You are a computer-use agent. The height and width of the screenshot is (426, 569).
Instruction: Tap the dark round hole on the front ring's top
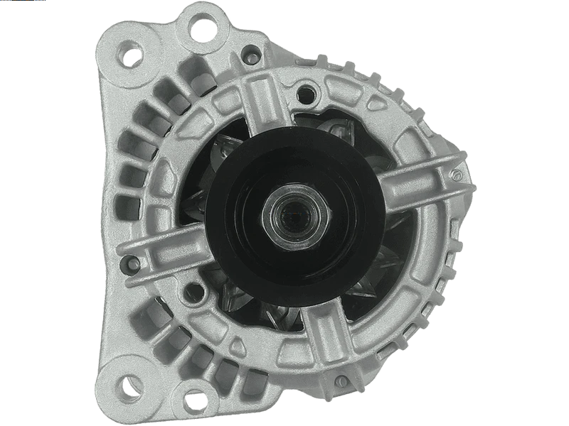click(x=307, y=91)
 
